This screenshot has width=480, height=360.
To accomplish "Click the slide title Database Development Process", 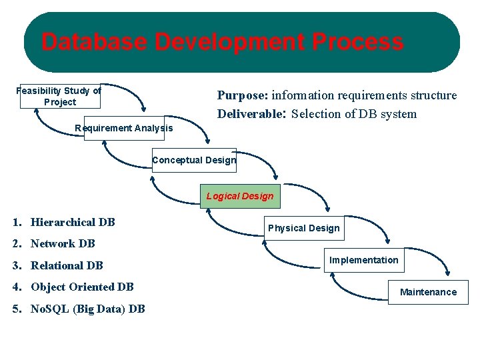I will point(222,43).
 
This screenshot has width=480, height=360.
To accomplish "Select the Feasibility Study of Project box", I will point(59,96).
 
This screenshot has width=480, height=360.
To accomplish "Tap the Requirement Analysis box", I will point(123,128).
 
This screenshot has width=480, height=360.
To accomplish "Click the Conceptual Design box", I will point(194,160).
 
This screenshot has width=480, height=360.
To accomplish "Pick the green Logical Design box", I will point(240,196).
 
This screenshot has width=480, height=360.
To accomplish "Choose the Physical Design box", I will point(303,228).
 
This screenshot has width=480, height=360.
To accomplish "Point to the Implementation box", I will point(364,260).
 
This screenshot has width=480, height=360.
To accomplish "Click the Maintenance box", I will point(428,292).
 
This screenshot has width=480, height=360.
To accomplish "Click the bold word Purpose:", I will point(243,95).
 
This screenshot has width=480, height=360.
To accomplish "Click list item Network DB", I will point(63,243).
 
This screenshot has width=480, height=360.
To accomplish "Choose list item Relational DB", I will point(67,265).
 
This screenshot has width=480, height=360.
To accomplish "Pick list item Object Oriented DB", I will point(82,287).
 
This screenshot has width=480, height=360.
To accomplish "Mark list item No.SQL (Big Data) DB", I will point(87,309).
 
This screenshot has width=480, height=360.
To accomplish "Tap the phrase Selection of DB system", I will point(354,114).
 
